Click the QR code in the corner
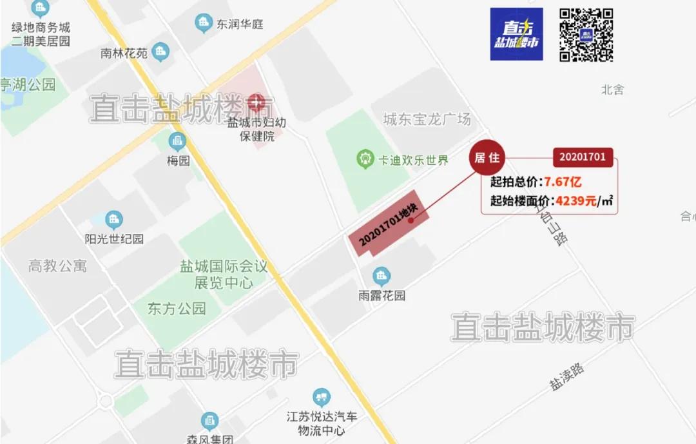coord(586,35)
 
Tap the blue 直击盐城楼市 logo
coord(516,35)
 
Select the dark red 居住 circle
coord(487,158)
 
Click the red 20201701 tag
coord(583,157)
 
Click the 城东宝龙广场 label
coord(427,119)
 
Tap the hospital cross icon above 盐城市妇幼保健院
coord(257,102)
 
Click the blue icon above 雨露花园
coord(382,277)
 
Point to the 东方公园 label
coord(176,308)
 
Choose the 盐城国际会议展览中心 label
coord(223,275)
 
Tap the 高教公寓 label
coord(57,265)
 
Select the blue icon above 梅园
coord(177,142)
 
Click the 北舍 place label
coord(612,90)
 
